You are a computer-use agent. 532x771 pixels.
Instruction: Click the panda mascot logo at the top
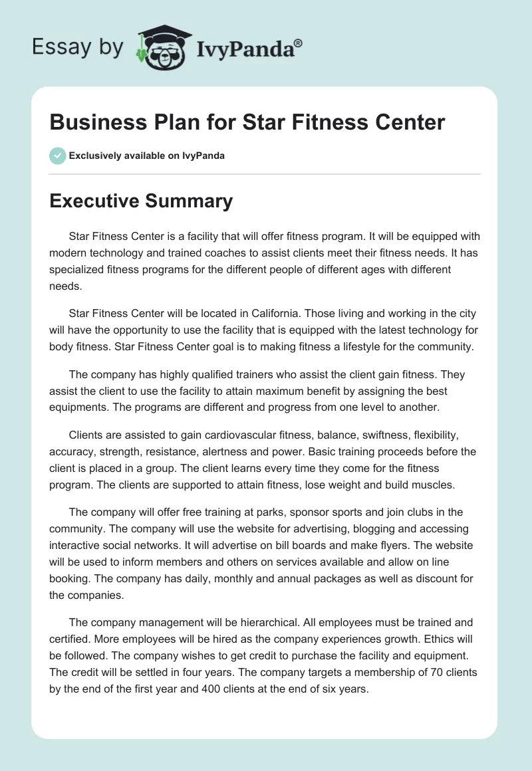[x=164, y=47]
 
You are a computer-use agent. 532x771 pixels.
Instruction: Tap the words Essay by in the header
[x=78, y=47]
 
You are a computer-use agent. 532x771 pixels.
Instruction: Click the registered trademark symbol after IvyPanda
[x=299, y=44]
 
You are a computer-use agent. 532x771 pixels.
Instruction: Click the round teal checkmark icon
[x=57, y=156]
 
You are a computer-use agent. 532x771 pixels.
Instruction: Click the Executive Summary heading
[x=141, y=201]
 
